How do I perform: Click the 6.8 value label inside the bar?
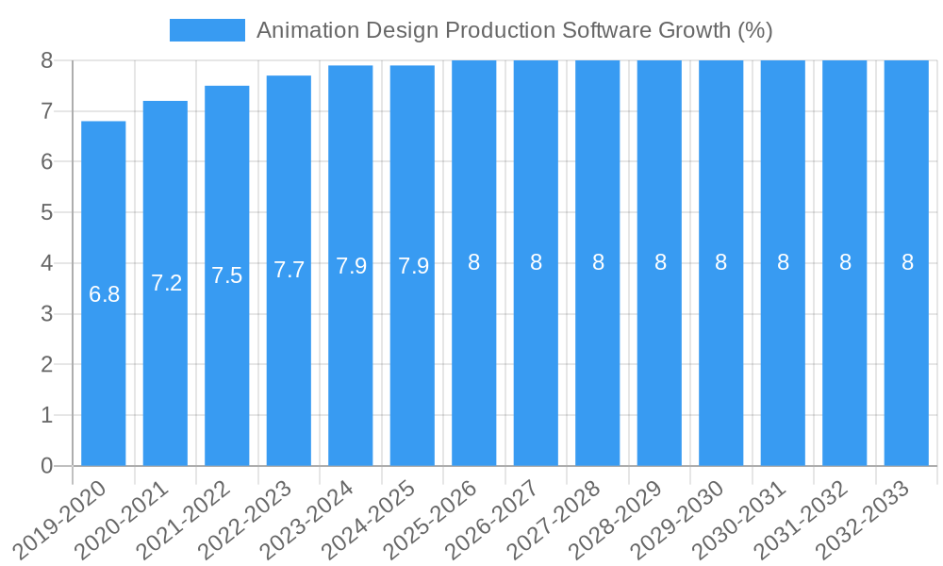click(x=104, y=294)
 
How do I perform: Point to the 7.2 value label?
click(x=166, y=283)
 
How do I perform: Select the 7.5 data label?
click(x=227, y=275)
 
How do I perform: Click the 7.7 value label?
click(x=289, y=270)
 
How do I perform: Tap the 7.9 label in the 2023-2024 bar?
click(x=351, y=266)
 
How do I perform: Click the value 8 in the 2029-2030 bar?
click(x=720, y=263)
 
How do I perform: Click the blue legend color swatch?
click(x=207, y=30)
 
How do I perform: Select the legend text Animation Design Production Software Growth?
click(x=514, y=30)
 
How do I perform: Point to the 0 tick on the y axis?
click(x=47, y=466)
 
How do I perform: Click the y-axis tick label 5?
click(x=47, y=212)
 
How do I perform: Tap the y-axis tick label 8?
click(x=47, y=60)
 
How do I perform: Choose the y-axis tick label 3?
click(x=47, y=314)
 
